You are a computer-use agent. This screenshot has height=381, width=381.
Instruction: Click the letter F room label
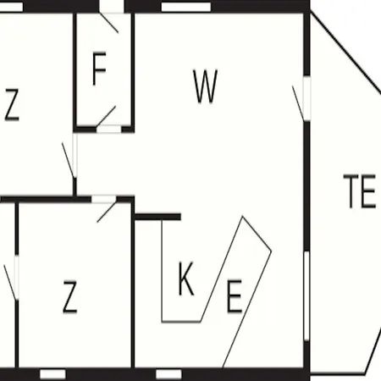coord(99,69)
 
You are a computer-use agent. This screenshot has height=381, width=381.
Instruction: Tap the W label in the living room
coord(206,86)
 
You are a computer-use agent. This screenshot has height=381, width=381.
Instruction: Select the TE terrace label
coord(360,191)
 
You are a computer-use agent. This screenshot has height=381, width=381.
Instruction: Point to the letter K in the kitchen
coord(186,279)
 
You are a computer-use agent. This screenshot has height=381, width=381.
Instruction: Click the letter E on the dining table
coord(235,296)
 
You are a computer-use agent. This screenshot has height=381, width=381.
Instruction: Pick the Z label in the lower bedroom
coord(69,296)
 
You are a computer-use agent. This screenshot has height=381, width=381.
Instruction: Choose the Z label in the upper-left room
coord(12,105)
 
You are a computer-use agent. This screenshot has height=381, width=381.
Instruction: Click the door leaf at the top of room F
coord(109,23)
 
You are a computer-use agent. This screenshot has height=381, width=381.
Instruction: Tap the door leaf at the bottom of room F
coord(106,116)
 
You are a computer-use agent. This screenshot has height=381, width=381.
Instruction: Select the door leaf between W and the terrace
coord(298,103)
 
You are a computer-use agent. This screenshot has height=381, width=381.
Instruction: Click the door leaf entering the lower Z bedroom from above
coord(107,212)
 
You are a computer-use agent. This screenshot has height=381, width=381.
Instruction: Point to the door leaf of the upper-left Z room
coord(69,161)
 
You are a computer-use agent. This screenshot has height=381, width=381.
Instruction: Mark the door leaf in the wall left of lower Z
coord(10,282)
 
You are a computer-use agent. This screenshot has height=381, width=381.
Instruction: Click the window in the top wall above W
coord(186,7)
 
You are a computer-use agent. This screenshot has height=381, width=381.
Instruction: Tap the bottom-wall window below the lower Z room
coord(52,374)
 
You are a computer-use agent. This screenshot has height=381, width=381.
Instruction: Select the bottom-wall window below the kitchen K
coord(168,374)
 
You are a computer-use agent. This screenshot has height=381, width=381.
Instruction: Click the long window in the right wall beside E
coord(306,295)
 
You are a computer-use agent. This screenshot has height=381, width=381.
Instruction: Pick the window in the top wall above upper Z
coord(11,7)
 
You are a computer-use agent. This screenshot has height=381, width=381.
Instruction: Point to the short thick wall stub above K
coord(157,217)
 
